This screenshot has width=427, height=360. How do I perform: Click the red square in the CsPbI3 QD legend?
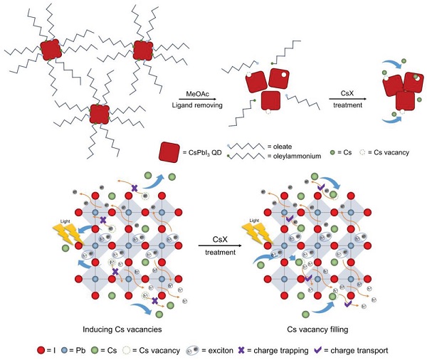170,152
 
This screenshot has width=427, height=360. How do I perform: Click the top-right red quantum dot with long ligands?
143,50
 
